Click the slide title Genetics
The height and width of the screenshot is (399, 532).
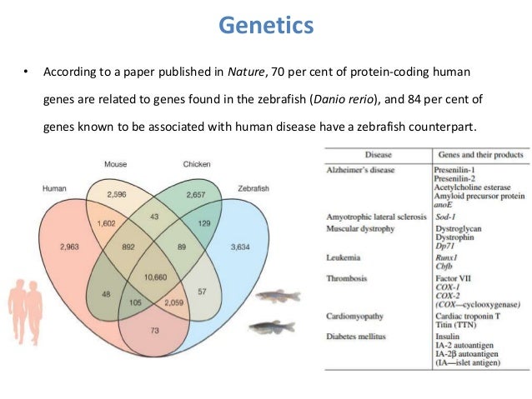click(266, 26)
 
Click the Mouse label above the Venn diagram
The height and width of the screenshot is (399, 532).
click(116, 163)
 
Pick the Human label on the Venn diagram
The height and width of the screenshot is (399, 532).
click(55, 188)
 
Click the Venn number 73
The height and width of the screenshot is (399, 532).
click(154, 332)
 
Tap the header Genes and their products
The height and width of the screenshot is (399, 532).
click(479, 156)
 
